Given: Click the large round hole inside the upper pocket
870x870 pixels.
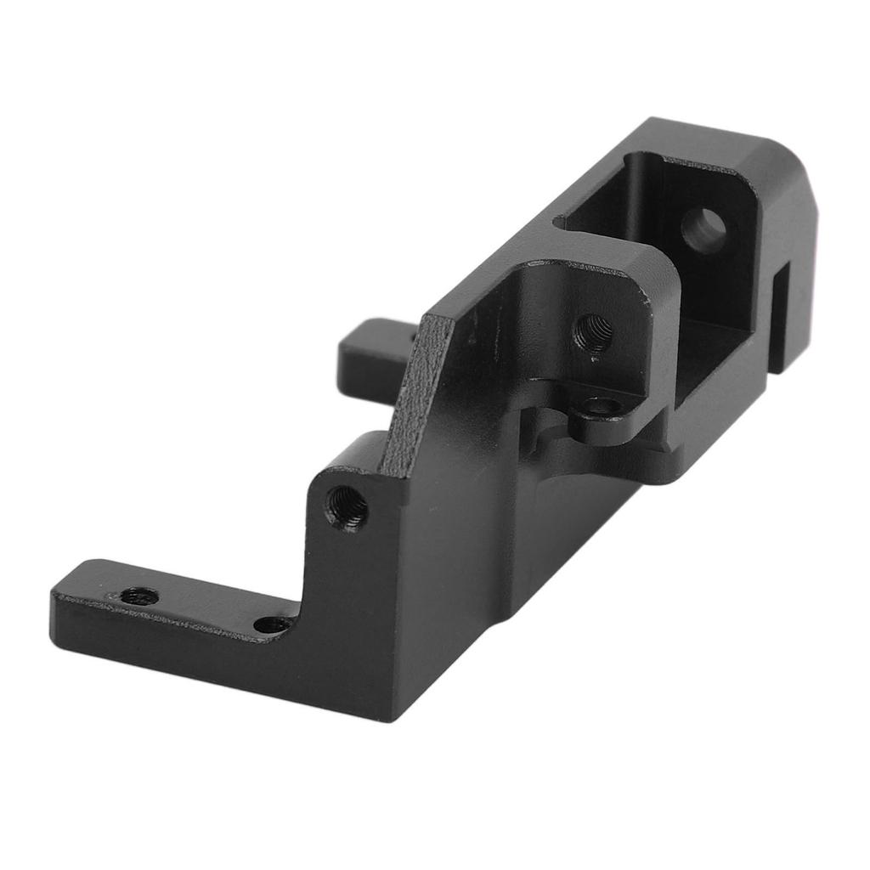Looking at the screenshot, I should coord(704,230).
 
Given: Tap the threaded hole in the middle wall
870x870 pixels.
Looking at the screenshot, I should coord(592,330).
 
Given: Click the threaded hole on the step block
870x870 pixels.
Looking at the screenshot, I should coord(347,507).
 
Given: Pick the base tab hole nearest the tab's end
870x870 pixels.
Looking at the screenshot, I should coord(138,596).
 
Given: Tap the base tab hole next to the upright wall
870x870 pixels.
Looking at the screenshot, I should coord(274,624).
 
